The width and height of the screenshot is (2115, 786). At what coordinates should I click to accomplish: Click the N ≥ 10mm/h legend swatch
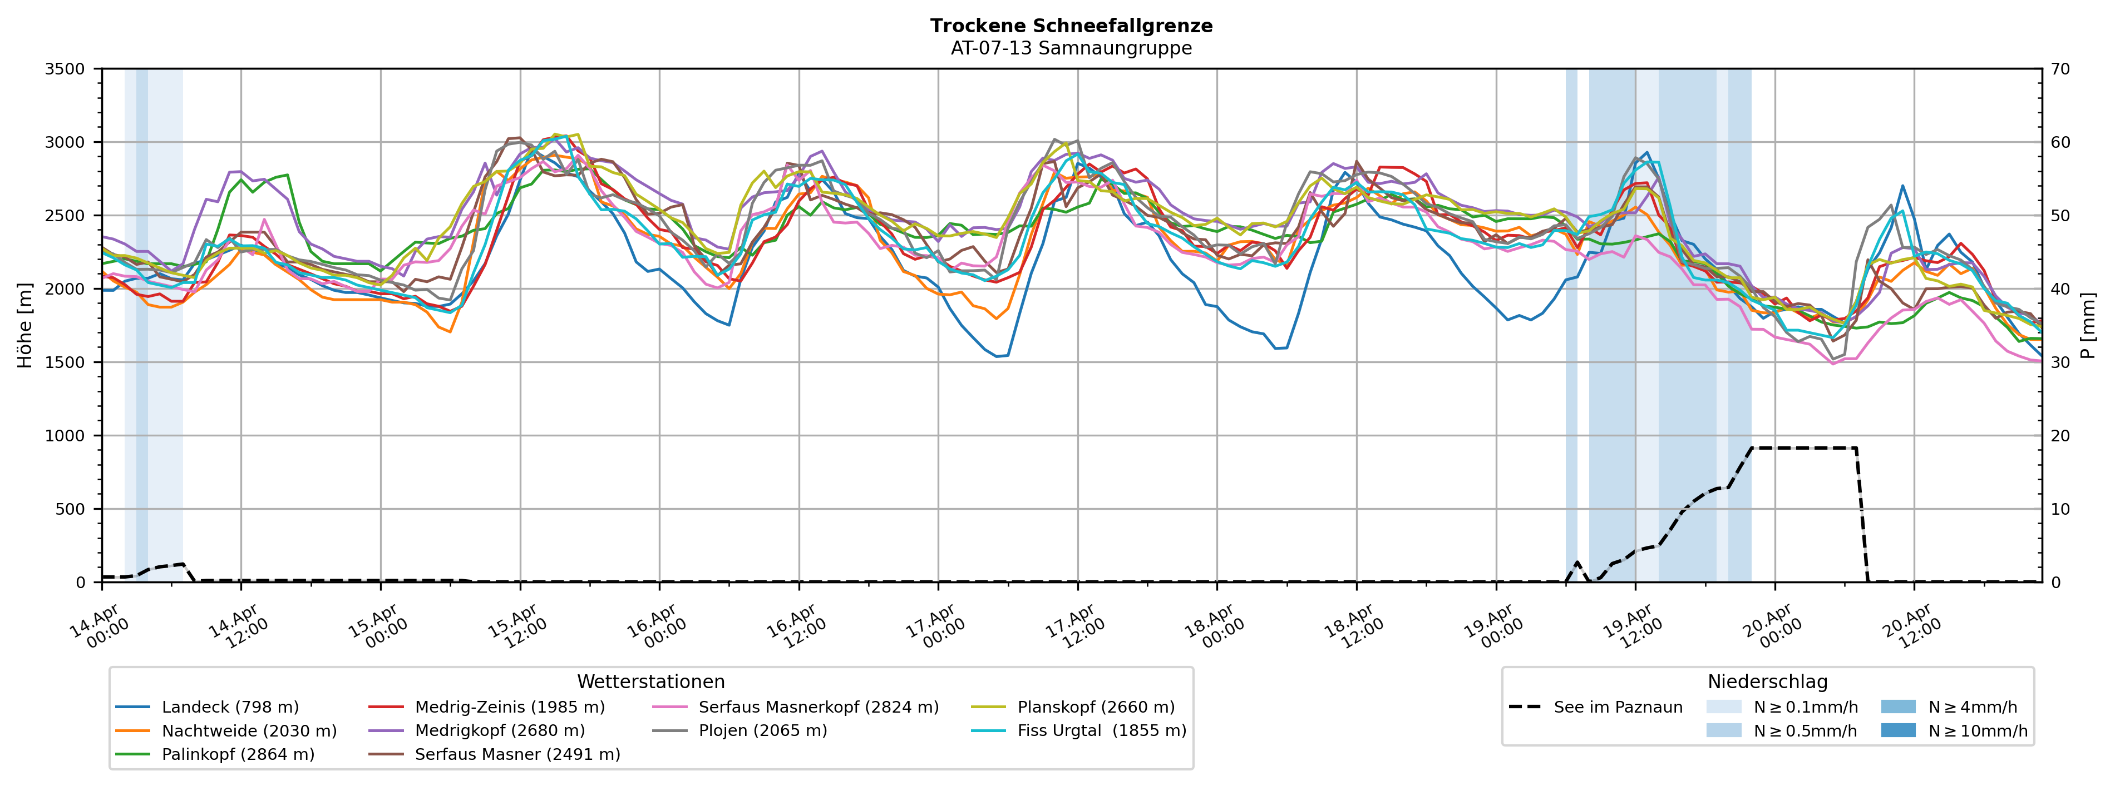coord(1897,731)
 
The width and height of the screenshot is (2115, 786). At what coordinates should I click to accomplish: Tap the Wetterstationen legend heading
coord(650,682)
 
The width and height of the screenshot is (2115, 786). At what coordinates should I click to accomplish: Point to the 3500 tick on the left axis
coord(65,69)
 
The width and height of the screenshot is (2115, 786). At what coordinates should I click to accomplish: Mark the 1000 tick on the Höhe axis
coord(65,436)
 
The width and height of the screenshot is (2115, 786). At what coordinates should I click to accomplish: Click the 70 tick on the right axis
coord(2060,69)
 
